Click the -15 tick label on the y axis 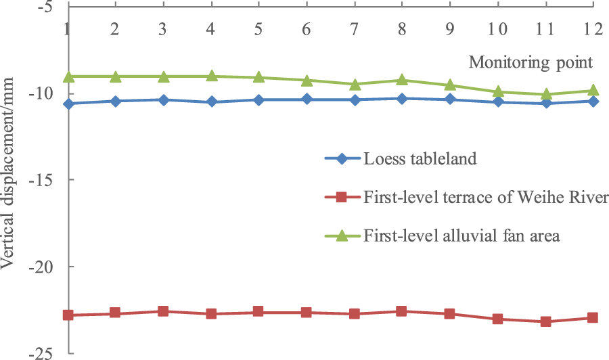[x=43, y=179]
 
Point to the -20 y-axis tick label [x=43, y=266]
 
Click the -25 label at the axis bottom [x=43, y=353]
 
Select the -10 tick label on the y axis [x=43, y=93]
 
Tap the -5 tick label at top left [x=49, y=7]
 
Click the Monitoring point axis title [x=531, y=62]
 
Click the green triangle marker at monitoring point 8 [x=402, y=80]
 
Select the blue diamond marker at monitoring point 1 [x=68, y=104]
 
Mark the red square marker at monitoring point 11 [x=545, y=321]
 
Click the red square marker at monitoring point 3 [x=163, y=311]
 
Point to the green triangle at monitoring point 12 [x=593, y=90]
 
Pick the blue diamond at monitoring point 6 [x=307, y=99]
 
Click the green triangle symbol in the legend [x=342, y=235]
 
